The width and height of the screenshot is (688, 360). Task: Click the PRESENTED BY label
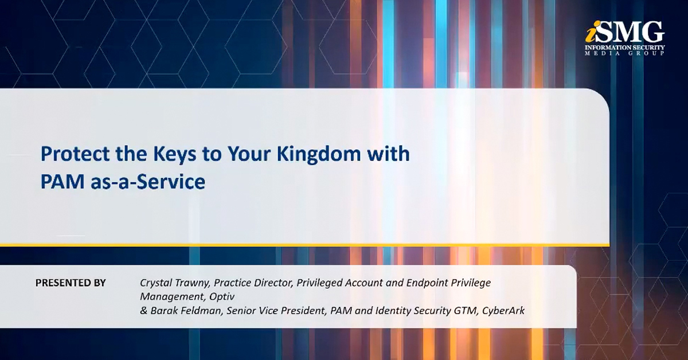(x=71, y=283)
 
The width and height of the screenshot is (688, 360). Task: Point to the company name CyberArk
(x=504, y=311)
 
